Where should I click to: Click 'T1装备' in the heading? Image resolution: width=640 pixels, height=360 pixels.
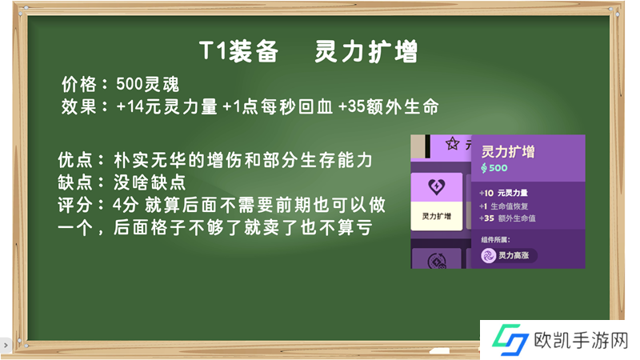238,52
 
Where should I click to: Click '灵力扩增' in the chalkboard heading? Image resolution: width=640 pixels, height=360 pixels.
366,52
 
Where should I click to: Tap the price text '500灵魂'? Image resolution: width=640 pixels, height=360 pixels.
148,85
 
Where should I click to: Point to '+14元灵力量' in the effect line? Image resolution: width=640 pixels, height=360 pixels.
166,107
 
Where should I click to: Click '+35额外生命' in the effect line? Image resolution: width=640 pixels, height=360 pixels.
389,107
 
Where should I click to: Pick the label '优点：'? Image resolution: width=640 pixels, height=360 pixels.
82,160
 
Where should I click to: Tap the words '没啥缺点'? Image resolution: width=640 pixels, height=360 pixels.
150,182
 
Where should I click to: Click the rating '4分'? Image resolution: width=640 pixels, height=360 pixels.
126,205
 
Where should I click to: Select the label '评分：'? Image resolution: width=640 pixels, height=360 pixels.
82,205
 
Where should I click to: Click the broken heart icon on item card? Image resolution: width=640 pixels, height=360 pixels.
436,187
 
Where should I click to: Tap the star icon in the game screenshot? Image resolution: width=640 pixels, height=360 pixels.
452,143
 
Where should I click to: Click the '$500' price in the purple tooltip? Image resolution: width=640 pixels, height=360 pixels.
494,168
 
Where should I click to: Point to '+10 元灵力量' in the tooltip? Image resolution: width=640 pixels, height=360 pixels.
504,193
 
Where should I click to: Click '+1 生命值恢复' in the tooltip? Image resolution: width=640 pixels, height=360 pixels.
504,206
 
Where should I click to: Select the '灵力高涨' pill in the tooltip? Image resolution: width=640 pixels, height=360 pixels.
509,255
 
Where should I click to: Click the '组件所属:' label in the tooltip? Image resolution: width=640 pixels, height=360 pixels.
495,239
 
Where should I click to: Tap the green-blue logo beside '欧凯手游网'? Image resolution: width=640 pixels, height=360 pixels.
510,339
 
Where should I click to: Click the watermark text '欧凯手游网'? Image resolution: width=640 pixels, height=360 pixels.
582,341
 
